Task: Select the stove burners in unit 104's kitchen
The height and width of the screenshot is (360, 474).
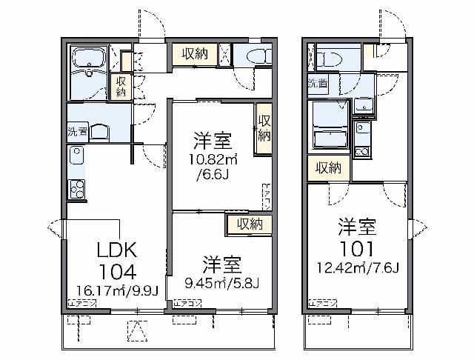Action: coord(76,189)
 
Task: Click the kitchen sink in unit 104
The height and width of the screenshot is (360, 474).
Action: coord(76,156)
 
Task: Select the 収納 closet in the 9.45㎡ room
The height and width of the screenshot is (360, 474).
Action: coord(249,224)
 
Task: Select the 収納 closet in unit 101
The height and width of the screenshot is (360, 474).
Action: coord(328,168)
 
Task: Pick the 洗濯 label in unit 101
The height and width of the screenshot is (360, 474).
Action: coord(318,84)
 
